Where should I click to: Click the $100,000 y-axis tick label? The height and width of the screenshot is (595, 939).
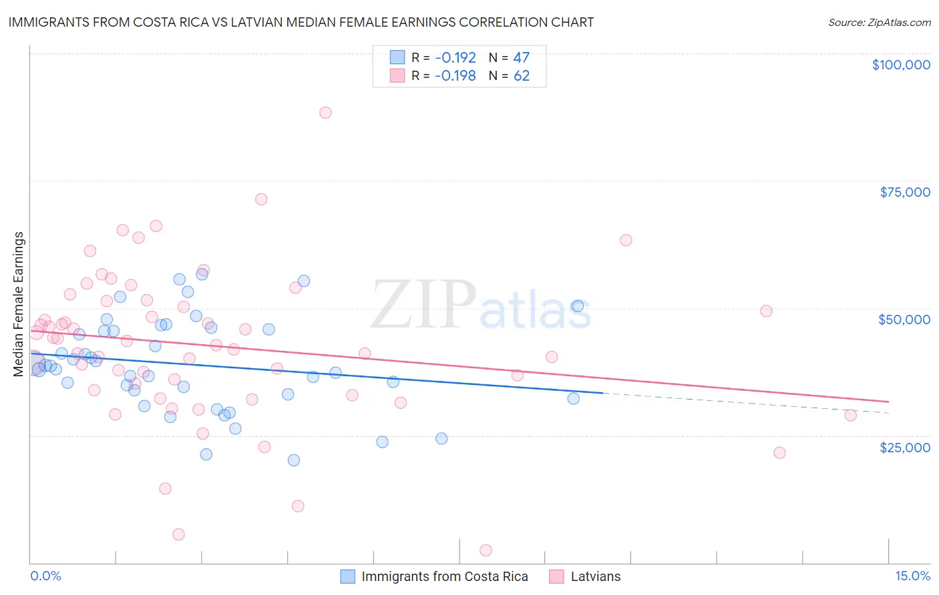click(900, 65)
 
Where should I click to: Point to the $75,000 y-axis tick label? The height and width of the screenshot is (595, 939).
click(904, 192)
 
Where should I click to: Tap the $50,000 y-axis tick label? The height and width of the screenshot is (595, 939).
click(904, 320)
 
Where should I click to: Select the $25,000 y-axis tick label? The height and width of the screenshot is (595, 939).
click(904, 447)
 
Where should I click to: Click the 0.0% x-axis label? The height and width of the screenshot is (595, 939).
click(45, 576)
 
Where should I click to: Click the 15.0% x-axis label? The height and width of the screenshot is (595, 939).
click(912, 576)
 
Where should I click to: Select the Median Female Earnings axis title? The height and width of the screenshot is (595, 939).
click(19, 304)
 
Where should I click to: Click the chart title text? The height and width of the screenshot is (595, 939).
click(301, 22)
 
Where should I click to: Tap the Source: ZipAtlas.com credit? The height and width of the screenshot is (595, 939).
click(879, 22)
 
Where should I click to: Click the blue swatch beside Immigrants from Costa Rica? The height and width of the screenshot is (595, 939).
click(347, 576)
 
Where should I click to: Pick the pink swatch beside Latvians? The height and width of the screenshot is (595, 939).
click(556, 576)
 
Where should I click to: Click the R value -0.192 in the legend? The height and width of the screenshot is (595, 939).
click(455, 57)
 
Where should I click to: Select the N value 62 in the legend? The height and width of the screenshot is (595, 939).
click(521, 76)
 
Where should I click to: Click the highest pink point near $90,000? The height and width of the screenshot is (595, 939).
click(325, 113)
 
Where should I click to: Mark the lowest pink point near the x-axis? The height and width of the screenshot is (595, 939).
click(486, 550)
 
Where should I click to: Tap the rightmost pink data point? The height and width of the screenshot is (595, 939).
click(850, 415)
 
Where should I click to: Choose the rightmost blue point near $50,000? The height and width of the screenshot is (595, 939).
click(577, 306)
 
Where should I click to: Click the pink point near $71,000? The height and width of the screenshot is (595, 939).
click(261, 199)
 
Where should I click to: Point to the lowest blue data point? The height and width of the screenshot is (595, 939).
click(293, 460)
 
